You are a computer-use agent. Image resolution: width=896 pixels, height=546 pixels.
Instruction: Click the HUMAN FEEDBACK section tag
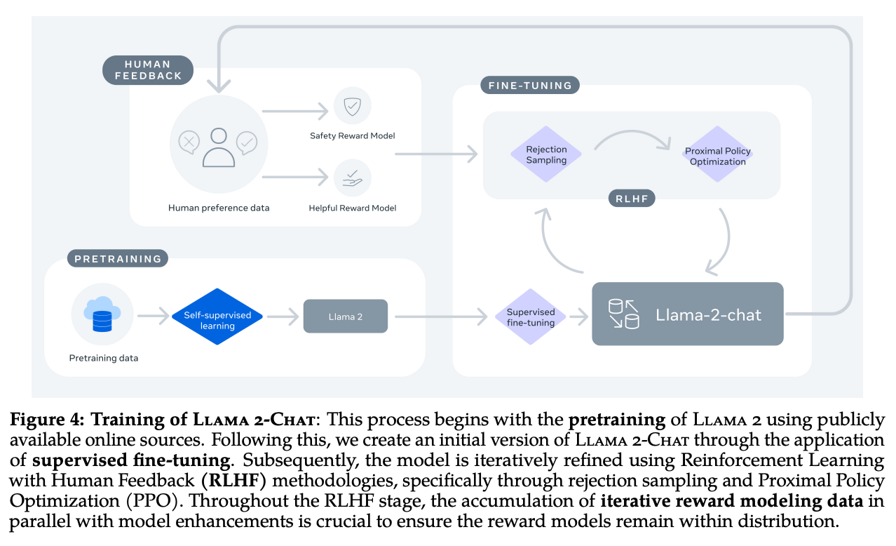click(147, 70)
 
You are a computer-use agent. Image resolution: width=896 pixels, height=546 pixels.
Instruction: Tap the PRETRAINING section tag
click(118, 258)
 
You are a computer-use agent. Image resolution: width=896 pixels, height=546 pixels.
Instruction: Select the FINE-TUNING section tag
click(530, 86)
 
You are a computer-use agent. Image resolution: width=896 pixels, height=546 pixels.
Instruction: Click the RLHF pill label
click(631, 199)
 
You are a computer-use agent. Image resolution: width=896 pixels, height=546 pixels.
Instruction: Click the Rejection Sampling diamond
click(546, 154)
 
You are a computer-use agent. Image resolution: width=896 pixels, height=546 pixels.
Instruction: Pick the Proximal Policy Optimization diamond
click(717, 156)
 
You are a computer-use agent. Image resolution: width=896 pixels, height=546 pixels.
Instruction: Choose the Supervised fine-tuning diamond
click(531, 317)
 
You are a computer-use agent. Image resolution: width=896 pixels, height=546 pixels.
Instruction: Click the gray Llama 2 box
click(345, 317)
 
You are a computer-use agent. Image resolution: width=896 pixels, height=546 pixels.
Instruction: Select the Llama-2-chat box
click(687, 314)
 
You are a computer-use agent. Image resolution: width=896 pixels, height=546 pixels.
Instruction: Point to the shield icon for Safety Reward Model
click(352, 105)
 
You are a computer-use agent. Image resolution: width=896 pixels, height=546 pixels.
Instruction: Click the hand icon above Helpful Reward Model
click(352, 179)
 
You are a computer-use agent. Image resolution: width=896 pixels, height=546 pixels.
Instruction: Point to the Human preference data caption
click(219, 208)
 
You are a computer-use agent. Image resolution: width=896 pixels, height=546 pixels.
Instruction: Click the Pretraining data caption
click(103, 358)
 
